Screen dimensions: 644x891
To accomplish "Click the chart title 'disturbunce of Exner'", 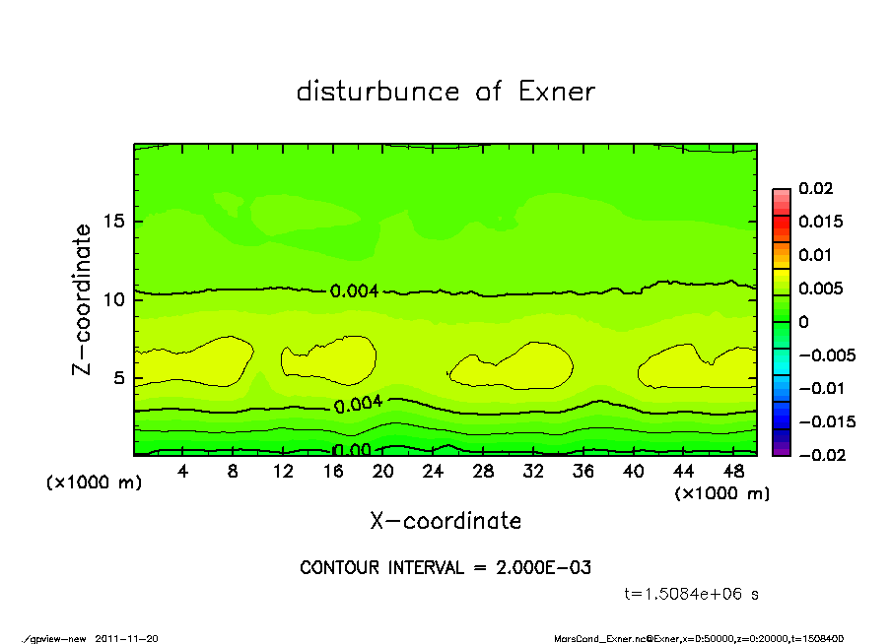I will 445,92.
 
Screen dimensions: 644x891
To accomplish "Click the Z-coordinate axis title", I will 82,299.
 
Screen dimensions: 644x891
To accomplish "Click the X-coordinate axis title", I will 445,521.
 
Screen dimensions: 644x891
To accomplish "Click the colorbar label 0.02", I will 816,188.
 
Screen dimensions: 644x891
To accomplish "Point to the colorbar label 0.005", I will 820,289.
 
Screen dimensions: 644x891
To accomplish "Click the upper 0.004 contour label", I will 354,291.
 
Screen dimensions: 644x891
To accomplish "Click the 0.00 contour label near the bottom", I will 352,450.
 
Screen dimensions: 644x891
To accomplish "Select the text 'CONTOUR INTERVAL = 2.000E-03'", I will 445,568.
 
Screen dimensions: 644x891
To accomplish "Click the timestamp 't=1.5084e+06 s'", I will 692,594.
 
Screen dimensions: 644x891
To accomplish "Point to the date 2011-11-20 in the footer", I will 126,638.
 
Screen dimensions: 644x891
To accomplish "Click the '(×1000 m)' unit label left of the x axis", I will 90,483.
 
